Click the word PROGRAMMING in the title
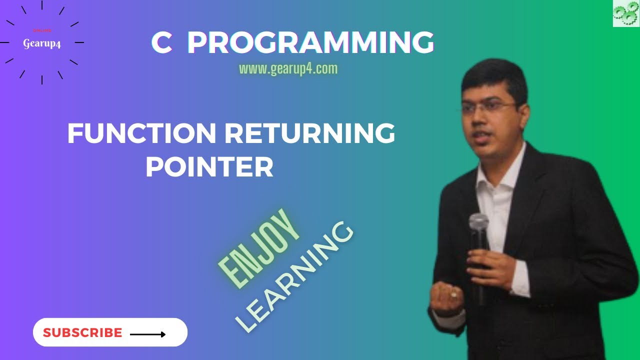pyautogui.click(x=310, y=43)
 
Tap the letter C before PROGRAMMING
pyautogui.click(x=161, y=43)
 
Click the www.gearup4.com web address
pyautogui.click(x=288, y=69)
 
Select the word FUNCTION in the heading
pyautogui.click(x=141, y=134)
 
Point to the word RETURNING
pyautogui.click(x=310, y=134)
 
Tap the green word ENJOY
pyautogui.click(x=259, y=249)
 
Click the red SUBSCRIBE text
pyautogui.click(x=82, y=333)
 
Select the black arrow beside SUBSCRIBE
pyautogui.click(x=147, y=334)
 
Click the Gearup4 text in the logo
pyautogui.click(x=42, y=44)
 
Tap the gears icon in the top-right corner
pyautogui.click(x=626, y=13)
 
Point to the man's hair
pyautogui.click(x=495, y=75)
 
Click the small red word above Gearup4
pyautogui.click(x=42, y=30)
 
